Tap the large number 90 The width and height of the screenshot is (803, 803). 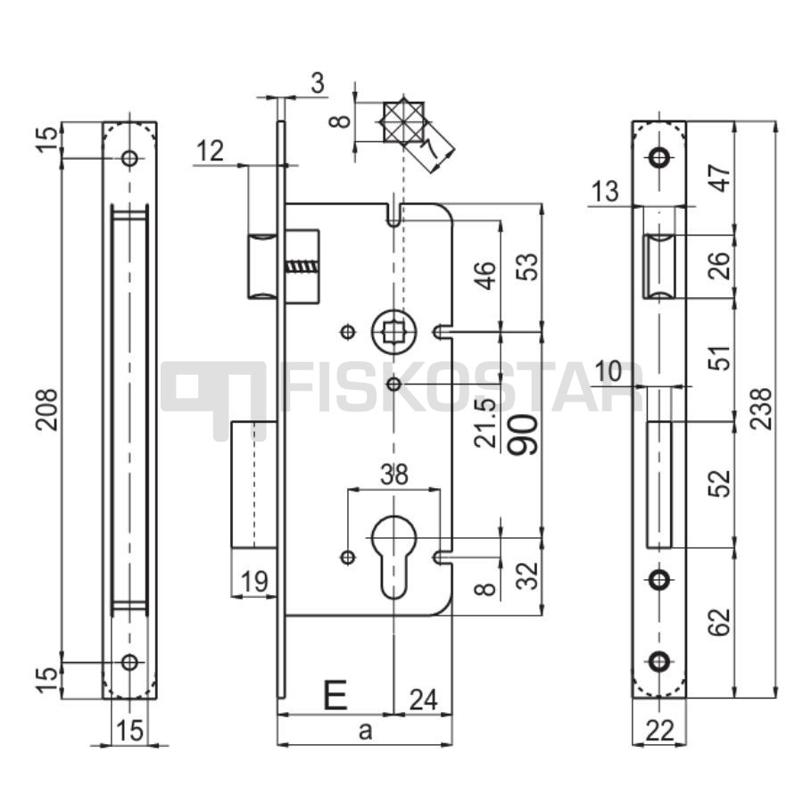pos(524,435)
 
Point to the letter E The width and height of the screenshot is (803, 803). pos(335,695)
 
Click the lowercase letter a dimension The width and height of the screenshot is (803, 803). pos(365,731)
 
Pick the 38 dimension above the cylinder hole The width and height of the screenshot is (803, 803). pos(394,475)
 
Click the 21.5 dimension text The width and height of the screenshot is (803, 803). pos(485,423)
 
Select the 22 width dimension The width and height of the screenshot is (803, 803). pos(659,731)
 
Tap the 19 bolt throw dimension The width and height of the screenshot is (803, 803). pos(254,581)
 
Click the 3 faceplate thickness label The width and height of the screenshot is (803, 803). pos(318,83)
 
